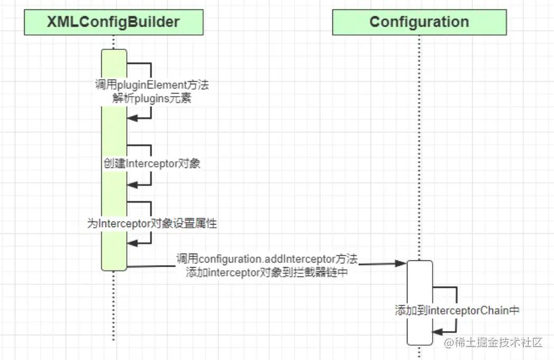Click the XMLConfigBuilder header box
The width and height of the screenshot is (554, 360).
pos(113,23)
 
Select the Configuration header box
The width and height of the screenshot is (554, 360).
pos(419,23)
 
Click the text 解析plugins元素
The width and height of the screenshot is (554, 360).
pos(151,98)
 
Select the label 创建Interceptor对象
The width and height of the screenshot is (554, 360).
pos(152,164)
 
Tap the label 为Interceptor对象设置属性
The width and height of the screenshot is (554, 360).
pos(152,224)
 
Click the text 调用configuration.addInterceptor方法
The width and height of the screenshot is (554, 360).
pos(267,260)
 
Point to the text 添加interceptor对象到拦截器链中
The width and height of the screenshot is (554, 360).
pos(267,273)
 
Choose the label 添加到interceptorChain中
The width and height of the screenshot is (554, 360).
pos(457,311)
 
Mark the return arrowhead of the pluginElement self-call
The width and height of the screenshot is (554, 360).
pos(131,119)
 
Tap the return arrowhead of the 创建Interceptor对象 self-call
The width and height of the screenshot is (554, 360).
pos(131,183)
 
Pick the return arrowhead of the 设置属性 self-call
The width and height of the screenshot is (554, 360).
pos(131,243)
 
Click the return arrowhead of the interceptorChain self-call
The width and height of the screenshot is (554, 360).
pos(436,332)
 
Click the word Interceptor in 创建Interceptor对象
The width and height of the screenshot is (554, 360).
pos(153,164)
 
